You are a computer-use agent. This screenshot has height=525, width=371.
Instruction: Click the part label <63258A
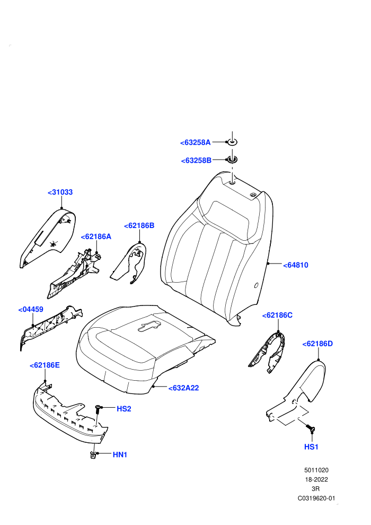(196, 143)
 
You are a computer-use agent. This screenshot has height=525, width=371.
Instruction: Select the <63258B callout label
(197, 161)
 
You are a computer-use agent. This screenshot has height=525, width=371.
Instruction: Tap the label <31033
(60, 192)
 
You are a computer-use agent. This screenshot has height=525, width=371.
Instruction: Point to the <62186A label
(96, 237)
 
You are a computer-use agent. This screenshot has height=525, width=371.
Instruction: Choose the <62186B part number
(139, 226)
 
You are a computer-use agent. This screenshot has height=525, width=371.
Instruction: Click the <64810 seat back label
(296, 265)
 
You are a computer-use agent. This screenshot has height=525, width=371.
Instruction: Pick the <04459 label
(31, 309)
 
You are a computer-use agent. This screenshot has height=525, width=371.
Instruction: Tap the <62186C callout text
(277, 316)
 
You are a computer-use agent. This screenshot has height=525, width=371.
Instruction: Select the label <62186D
(317, 344)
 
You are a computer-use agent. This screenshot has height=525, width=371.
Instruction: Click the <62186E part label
(45, 365)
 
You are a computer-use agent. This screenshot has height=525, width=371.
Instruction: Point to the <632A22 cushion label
(184, 388)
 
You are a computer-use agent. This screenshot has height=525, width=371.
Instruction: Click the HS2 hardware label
(124, 409)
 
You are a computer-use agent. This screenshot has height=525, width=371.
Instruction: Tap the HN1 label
(120, 454)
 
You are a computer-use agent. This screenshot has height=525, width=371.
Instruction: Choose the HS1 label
(311, 447)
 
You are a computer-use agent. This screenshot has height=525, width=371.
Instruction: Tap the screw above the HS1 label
(311, 428)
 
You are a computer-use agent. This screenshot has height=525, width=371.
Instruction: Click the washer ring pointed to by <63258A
(232, 142)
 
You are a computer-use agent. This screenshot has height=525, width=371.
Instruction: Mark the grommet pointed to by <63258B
(232, 159)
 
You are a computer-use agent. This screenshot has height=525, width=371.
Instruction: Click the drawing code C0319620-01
(316, 498)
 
